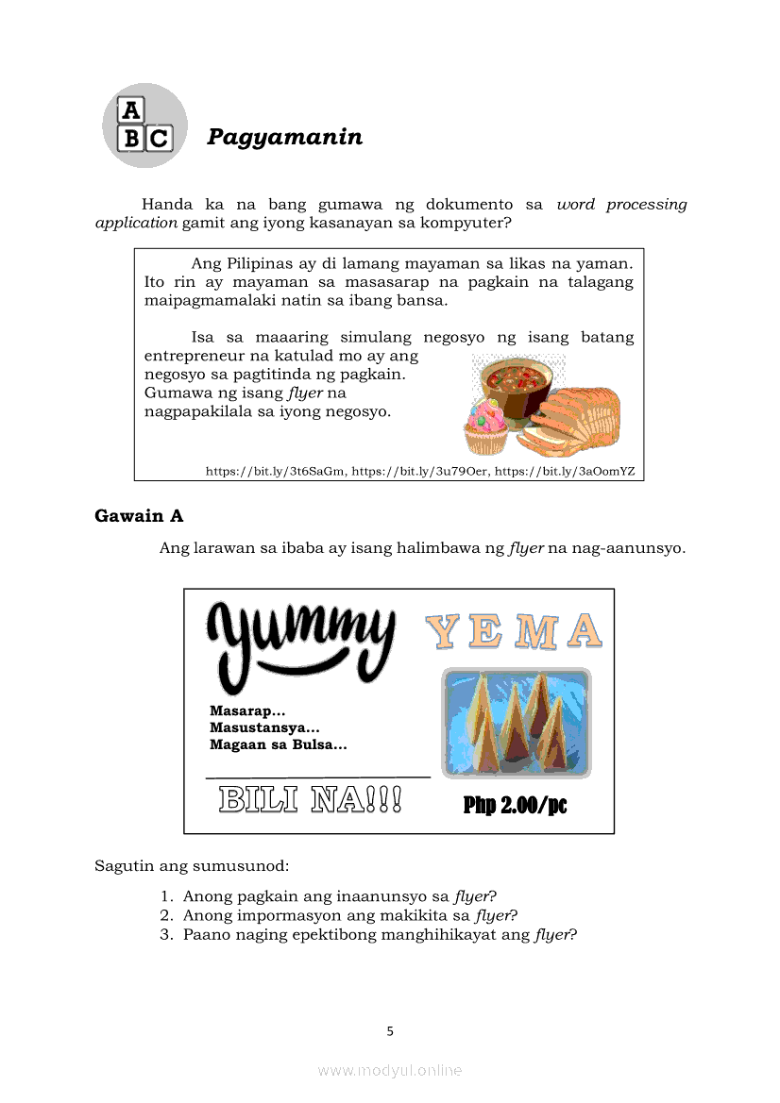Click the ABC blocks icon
144,125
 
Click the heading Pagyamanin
284,137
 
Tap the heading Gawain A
139,516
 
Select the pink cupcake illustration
485,424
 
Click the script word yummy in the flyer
300,639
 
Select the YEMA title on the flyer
514,632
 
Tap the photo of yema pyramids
517,722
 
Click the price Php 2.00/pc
515,805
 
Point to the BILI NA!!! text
310,799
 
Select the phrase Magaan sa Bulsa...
278,745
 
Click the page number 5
390,1031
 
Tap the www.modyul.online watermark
390,1070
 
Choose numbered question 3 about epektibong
379,935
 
